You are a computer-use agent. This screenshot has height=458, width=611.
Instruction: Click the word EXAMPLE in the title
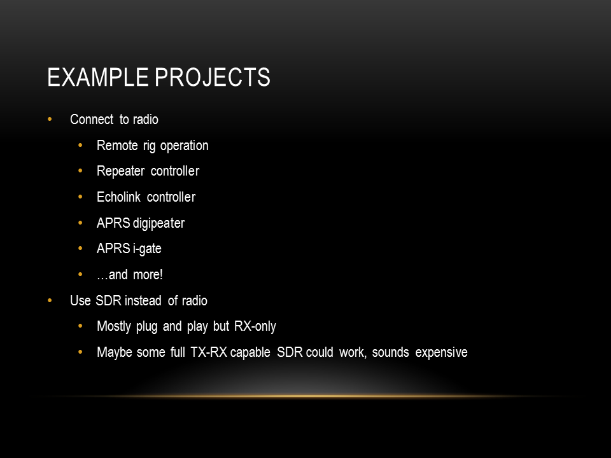[x=98, y=77]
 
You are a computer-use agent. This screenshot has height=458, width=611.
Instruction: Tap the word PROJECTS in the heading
[x=213, y=77]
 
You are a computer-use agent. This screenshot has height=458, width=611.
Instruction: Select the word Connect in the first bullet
[x=92, y=119]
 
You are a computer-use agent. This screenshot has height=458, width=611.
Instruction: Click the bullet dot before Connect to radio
[x=50, y=119]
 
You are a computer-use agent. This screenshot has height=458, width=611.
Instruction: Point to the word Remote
[x=117, y=145]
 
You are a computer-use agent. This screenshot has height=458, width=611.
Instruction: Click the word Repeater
[x=120, y=172]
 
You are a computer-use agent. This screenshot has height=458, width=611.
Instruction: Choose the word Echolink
[x=118, y=197]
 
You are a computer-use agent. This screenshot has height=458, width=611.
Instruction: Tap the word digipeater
[x=158, y=224]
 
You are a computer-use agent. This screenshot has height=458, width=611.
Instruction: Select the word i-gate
[x=147, y=249]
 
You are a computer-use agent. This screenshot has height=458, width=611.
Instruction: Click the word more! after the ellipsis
[x=148, y=275]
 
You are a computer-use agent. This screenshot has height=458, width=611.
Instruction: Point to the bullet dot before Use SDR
[x=50, y=300]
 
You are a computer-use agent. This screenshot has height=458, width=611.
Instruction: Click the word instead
[x=143, y=301]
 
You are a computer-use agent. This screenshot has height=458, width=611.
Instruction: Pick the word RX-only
[x=255, y=326]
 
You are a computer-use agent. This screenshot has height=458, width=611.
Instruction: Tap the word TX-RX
[x=209, y=352]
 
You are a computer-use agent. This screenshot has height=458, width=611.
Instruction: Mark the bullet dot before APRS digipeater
[x=80, y=223]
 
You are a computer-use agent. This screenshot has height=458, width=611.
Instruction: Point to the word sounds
[x=390, y=352]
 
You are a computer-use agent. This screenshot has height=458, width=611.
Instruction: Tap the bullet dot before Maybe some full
[x=80, y=352]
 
